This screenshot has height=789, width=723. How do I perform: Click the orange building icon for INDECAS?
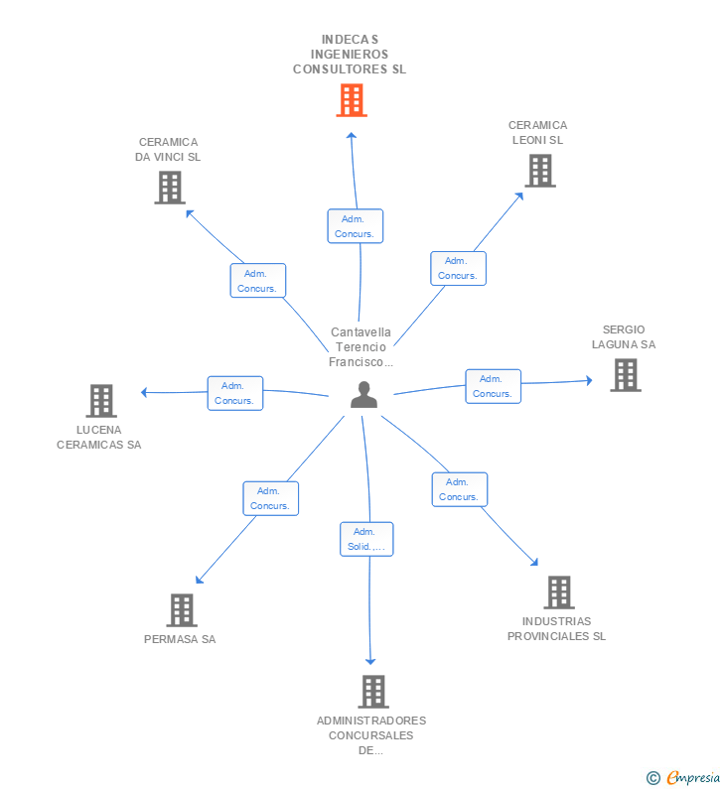(352, 100)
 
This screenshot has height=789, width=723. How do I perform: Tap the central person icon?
(364, 395)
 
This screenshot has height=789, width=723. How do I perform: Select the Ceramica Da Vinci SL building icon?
(170, 188)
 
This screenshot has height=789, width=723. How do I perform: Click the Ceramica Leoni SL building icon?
(540, 171)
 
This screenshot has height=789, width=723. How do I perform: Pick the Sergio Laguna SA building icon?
(626, 375)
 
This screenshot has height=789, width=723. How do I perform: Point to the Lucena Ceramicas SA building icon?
(101, 401)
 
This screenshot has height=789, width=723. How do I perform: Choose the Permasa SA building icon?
(182, 610)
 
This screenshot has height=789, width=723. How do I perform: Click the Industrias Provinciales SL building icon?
(559, 592)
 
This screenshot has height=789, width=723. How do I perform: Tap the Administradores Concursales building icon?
(373, 692)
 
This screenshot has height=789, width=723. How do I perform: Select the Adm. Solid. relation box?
(366, 539)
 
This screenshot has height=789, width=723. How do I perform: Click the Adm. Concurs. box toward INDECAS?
(356, 226)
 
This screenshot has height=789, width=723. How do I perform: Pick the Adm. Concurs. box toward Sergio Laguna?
(493, 386)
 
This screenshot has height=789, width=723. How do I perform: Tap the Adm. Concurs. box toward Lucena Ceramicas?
(235, 393)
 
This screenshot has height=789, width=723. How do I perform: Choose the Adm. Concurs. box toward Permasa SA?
(271, 498)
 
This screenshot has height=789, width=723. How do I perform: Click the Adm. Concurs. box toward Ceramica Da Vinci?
(258, 280)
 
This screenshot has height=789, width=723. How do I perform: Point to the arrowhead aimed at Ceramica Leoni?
(519, 197)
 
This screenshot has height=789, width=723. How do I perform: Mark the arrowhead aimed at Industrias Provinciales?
(534, 562)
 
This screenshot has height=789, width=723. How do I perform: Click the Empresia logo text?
(693, 777)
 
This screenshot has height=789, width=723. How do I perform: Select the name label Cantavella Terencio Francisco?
(361, 346)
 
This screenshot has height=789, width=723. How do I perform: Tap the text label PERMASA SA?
(180, 639)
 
